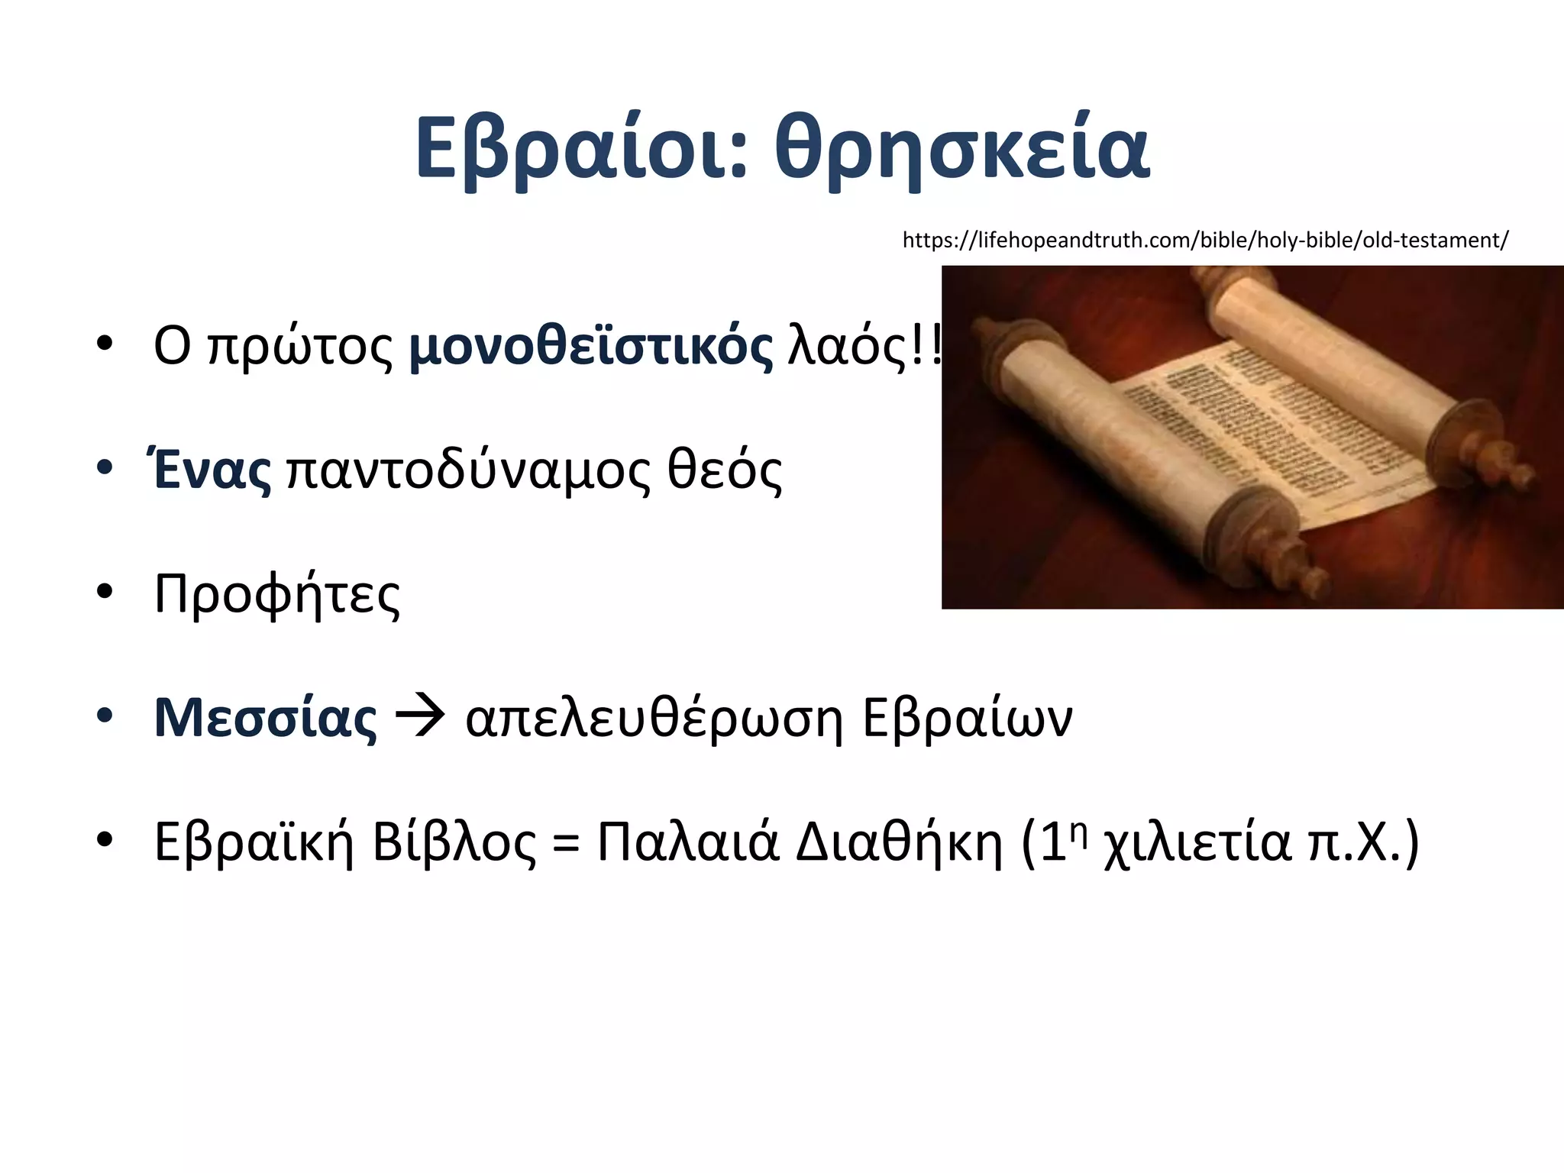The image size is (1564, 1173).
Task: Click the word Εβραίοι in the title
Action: click(580, 149)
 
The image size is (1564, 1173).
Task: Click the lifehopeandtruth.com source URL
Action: click(1205, 240)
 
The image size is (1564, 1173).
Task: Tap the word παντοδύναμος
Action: click(469, 470)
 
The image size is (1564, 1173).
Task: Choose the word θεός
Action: click(725, 470)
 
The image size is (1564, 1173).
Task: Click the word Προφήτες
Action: click(276, 594)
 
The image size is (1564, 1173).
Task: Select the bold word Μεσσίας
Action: click(265, 718)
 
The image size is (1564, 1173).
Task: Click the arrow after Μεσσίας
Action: click(420, 718)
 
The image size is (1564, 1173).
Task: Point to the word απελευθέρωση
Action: click(654, 718)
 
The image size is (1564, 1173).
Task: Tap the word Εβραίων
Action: click(967, 718)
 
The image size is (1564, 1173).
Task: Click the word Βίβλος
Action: click(454, 842)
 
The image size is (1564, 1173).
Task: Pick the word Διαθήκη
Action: click(898, 842)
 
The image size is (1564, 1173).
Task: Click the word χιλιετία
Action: click(1197, 843)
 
